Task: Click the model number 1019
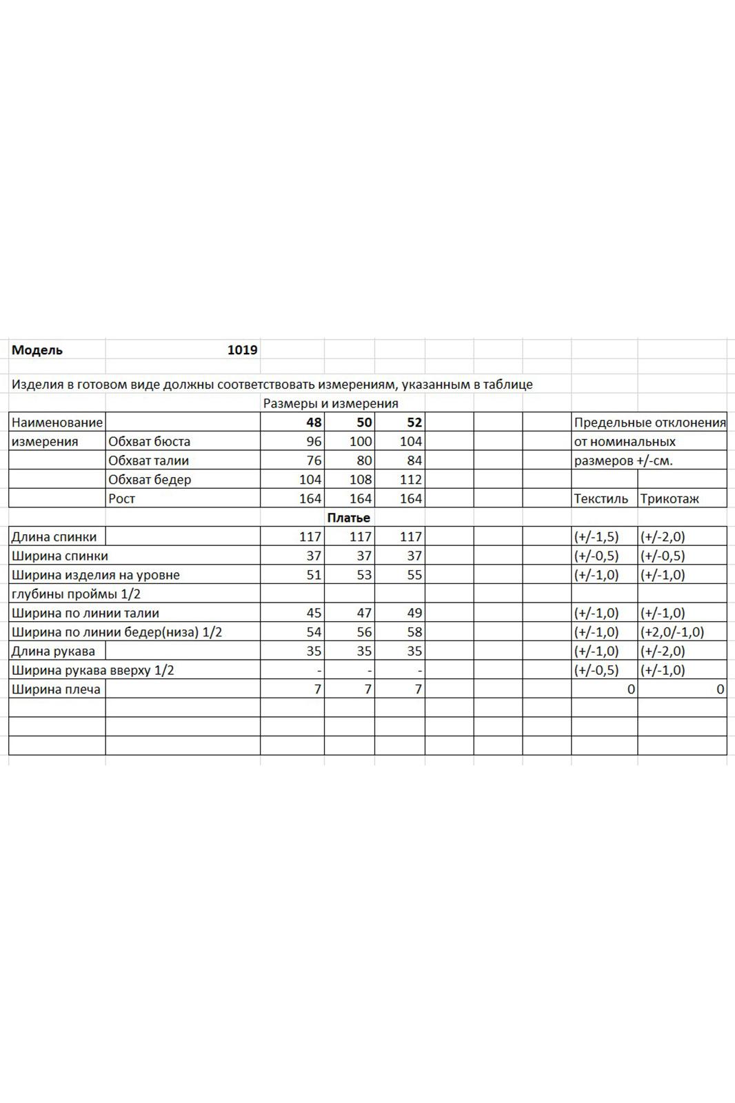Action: [242, 350]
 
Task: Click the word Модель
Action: [37, 350]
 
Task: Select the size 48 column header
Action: [314, 423]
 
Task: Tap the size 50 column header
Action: [364, 423]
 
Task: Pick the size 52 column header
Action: [414, 423]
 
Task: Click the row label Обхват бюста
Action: [149, 441]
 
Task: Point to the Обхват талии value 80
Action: [364, 461]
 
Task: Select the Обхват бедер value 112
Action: [410, 479]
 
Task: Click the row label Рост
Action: [121, 498]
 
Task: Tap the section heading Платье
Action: [348, 518]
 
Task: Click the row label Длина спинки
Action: [54, 536]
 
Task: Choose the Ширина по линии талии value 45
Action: [314, 613]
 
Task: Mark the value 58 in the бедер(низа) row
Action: [414, 631]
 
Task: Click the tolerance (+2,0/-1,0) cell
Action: [672, 631]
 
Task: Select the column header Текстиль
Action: [601, 498]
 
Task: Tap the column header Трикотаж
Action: [669, 498]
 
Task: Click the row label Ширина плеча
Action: [56, 689]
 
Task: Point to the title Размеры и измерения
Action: [330, 403]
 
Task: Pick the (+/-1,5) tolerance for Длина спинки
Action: [596, 536]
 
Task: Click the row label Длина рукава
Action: [53, 651]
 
